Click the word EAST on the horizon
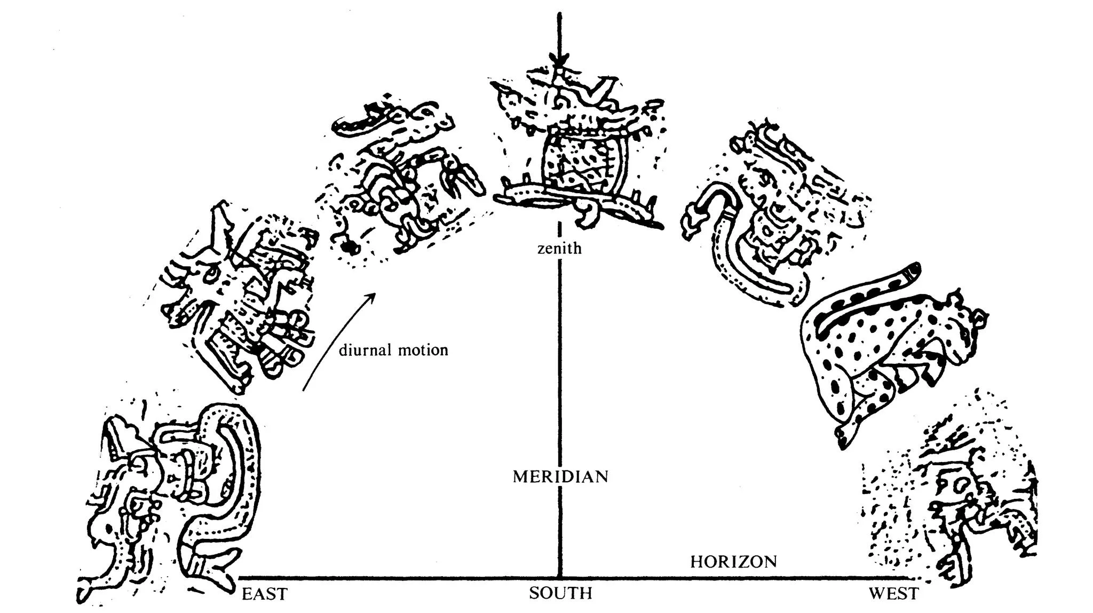pyautogui.click(x=264, y=594)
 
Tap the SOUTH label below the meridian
pyautogui.click(x=560, y=593)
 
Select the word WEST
pyautogui.click(x=893, y=594)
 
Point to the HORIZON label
pyautogui.click(x=733, y=562)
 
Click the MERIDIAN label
pyautogui.click(x=560, y=476)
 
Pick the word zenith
pyautogui.click(x=559, y=249)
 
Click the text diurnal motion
pyautogui.click(x=393, y=351)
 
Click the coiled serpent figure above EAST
pyautogui.click(x=176, y=496)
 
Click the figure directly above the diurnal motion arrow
pyautogui.click(x=400, y=176)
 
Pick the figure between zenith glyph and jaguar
pyautogui.click(x=769, y=213)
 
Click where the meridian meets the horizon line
pyautogui.click(x=559, y=578)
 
